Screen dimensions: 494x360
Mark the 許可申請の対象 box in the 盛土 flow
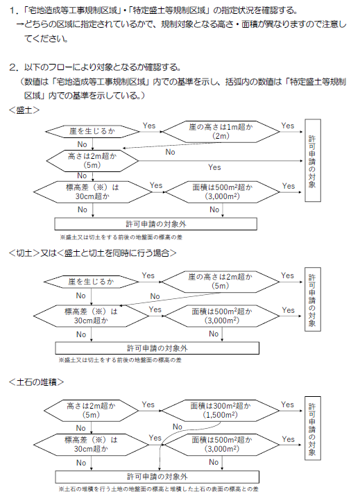click(x=312, y=161)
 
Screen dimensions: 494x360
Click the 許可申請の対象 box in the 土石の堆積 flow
click(x=312, y=428)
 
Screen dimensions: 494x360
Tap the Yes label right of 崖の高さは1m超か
click(x=287, y=126)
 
